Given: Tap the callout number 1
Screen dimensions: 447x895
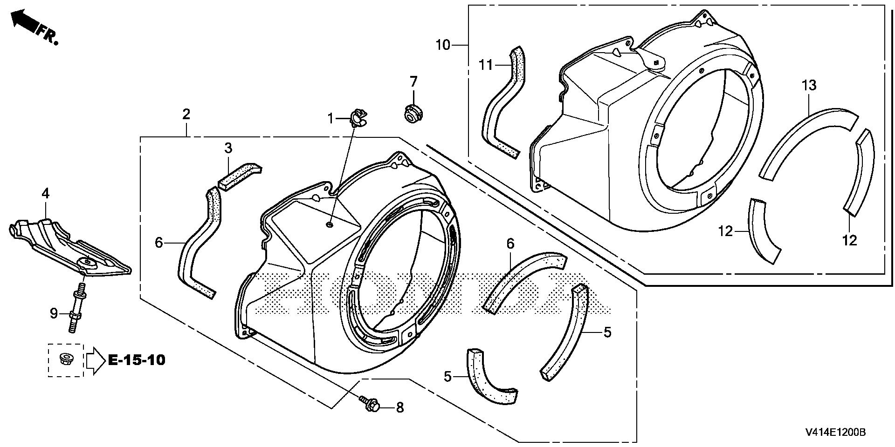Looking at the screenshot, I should [331, 119].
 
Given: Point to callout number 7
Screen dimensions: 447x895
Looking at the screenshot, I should [413, 82].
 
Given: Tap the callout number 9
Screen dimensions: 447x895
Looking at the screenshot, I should [54, 314].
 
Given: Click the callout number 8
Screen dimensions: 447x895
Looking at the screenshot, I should [399, 408].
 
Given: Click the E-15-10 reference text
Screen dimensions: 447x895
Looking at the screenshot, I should [137, 360].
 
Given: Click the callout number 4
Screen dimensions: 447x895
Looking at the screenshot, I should [45, 193].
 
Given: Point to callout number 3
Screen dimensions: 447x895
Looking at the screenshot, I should [228, 149].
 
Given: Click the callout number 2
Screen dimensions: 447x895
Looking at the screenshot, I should [186, 114].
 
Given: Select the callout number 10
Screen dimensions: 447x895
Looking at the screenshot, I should [443, 45].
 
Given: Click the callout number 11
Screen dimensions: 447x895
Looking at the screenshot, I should [486, 65].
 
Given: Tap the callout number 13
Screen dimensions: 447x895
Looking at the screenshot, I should [809, 86].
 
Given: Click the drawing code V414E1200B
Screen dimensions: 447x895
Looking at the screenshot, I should [835, 433].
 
